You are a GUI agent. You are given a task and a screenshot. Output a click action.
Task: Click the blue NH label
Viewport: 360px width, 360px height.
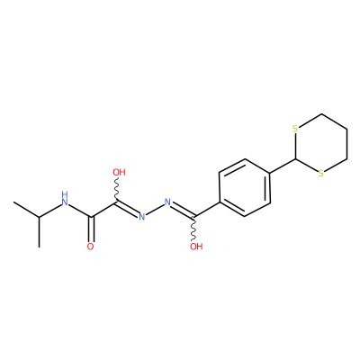(x=65, y=198)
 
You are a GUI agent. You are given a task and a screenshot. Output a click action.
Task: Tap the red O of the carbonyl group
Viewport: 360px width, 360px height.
(x=90, y=247)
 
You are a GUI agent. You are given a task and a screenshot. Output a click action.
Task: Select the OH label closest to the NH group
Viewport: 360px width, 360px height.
(x=119, y=173)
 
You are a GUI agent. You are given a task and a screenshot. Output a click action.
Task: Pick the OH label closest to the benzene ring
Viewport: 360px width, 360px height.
(x=196, y=247)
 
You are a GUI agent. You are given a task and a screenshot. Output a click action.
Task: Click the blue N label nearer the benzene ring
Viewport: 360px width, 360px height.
(x=167, y=202)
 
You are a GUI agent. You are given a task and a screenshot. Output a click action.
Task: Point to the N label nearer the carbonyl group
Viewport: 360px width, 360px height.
(x=142, y=217)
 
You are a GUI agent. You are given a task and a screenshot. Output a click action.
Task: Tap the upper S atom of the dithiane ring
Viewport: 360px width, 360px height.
(x=295, y=130)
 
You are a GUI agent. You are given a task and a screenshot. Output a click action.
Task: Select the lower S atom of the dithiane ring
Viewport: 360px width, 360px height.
(x=321, y=174)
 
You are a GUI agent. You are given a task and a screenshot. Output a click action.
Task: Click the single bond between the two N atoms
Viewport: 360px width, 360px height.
(x=155, y=210)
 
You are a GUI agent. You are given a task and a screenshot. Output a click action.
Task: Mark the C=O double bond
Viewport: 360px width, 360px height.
(x=91, y=229)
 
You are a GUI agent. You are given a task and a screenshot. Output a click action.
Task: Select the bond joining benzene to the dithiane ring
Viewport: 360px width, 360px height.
(x=283, y=166)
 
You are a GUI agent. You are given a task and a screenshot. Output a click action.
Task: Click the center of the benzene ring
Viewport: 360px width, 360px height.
(x=245, y=187)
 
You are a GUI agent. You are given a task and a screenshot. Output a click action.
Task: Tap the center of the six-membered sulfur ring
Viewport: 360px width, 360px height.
(x=321, y=144)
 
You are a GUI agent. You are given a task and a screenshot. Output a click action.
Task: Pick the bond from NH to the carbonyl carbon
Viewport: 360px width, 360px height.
(x=80, y=211)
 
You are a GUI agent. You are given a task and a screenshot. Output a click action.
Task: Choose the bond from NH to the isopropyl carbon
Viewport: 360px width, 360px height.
(x=49, y=211)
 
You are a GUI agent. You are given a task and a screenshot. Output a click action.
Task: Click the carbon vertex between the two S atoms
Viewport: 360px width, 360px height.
(x=296, y=158)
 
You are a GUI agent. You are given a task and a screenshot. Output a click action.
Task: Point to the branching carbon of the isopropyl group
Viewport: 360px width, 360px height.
(x=39, y=217)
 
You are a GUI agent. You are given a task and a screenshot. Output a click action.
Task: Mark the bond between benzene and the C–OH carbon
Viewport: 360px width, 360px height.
(x=207, y=210)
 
